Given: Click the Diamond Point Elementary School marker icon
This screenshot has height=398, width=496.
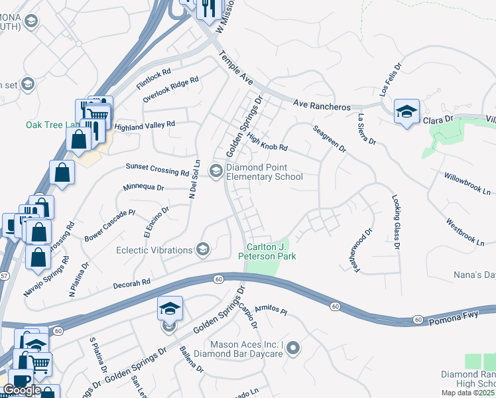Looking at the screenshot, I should click(x=216, y=171).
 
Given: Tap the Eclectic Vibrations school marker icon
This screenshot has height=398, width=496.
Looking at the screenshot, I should click(x=203, y=250).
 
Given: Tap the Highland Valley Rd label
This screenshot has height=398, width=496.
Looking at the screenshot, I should click(x=145, y=125).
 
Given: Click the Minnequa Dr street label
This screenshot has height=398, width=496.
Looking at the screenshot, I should click(x=143, y=188).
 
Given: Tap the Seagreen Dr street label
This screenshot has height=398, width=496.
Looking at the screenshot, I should click(x=330, y=139).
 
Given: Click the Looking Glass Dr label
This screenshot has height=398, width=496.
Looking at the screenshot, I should click(x=397, y=222).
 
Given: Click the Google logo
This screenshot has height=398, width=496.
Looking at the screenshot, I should click(x=22, y=390).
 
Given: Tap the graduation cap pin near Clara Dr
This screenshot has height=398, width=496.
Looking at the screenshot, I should click(x=406, y=111).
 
